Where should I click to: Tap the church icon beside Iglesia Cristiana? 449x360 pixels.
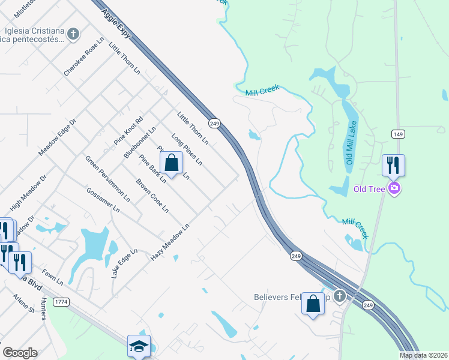(73, 34)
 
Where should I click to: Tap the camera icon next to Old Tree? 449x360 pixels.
(394, 188)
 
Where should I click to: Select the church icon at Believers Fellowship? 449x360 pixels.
(340, 296)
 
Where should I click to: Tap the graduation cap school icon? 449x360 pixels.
(139, 346)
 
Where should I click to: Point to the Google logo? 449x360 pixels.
(20, 352)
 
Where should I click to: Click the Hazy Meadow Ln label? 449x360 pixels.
(170, 242)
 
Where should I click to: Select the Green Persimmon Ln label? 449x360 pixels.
(107, 178)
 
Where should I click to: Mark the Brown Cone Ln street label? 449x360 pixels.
(152, 196)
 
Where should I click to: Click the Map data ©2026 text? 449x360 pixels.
(423, 355)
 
